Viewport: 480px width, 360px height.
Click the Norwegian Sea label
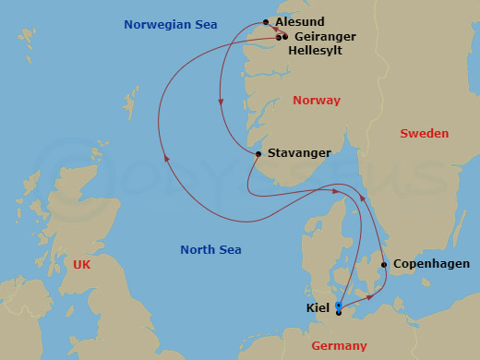(171, 25)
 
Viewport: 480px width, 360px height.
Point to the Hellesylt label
(315, 51)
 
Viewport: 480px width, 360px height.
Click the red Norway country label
(316, 101)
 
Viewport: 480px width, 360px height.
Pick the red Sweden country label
(424, 134)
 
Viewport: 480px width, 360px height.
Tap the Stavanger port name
(298, 153)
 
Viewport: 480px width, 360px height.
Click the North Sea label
(210, 250)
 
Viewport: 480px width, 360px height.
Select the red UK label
(83, 265)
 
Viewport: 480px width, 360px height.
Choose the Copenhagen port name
(431, 264)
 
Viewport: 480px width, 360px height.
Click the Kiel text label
(318, 307)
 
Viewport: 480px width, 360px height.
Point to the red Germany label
(339, 346)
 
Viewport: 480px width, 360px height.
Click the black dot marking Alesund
(266, 22)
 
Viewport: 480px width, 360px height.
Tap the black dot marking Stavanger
(258, 154)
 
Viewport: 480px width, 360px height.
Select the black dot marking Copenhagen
(384, 265)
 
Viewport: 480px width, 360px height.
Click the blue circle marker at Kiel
(339, 306)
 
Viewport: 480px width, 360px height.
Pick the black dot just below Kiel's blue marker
(339, 313)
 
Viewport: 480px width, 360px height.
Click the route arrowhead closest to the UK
(167, 159)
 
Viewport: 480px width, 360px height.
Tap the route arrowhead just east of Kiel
(370, 296)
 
